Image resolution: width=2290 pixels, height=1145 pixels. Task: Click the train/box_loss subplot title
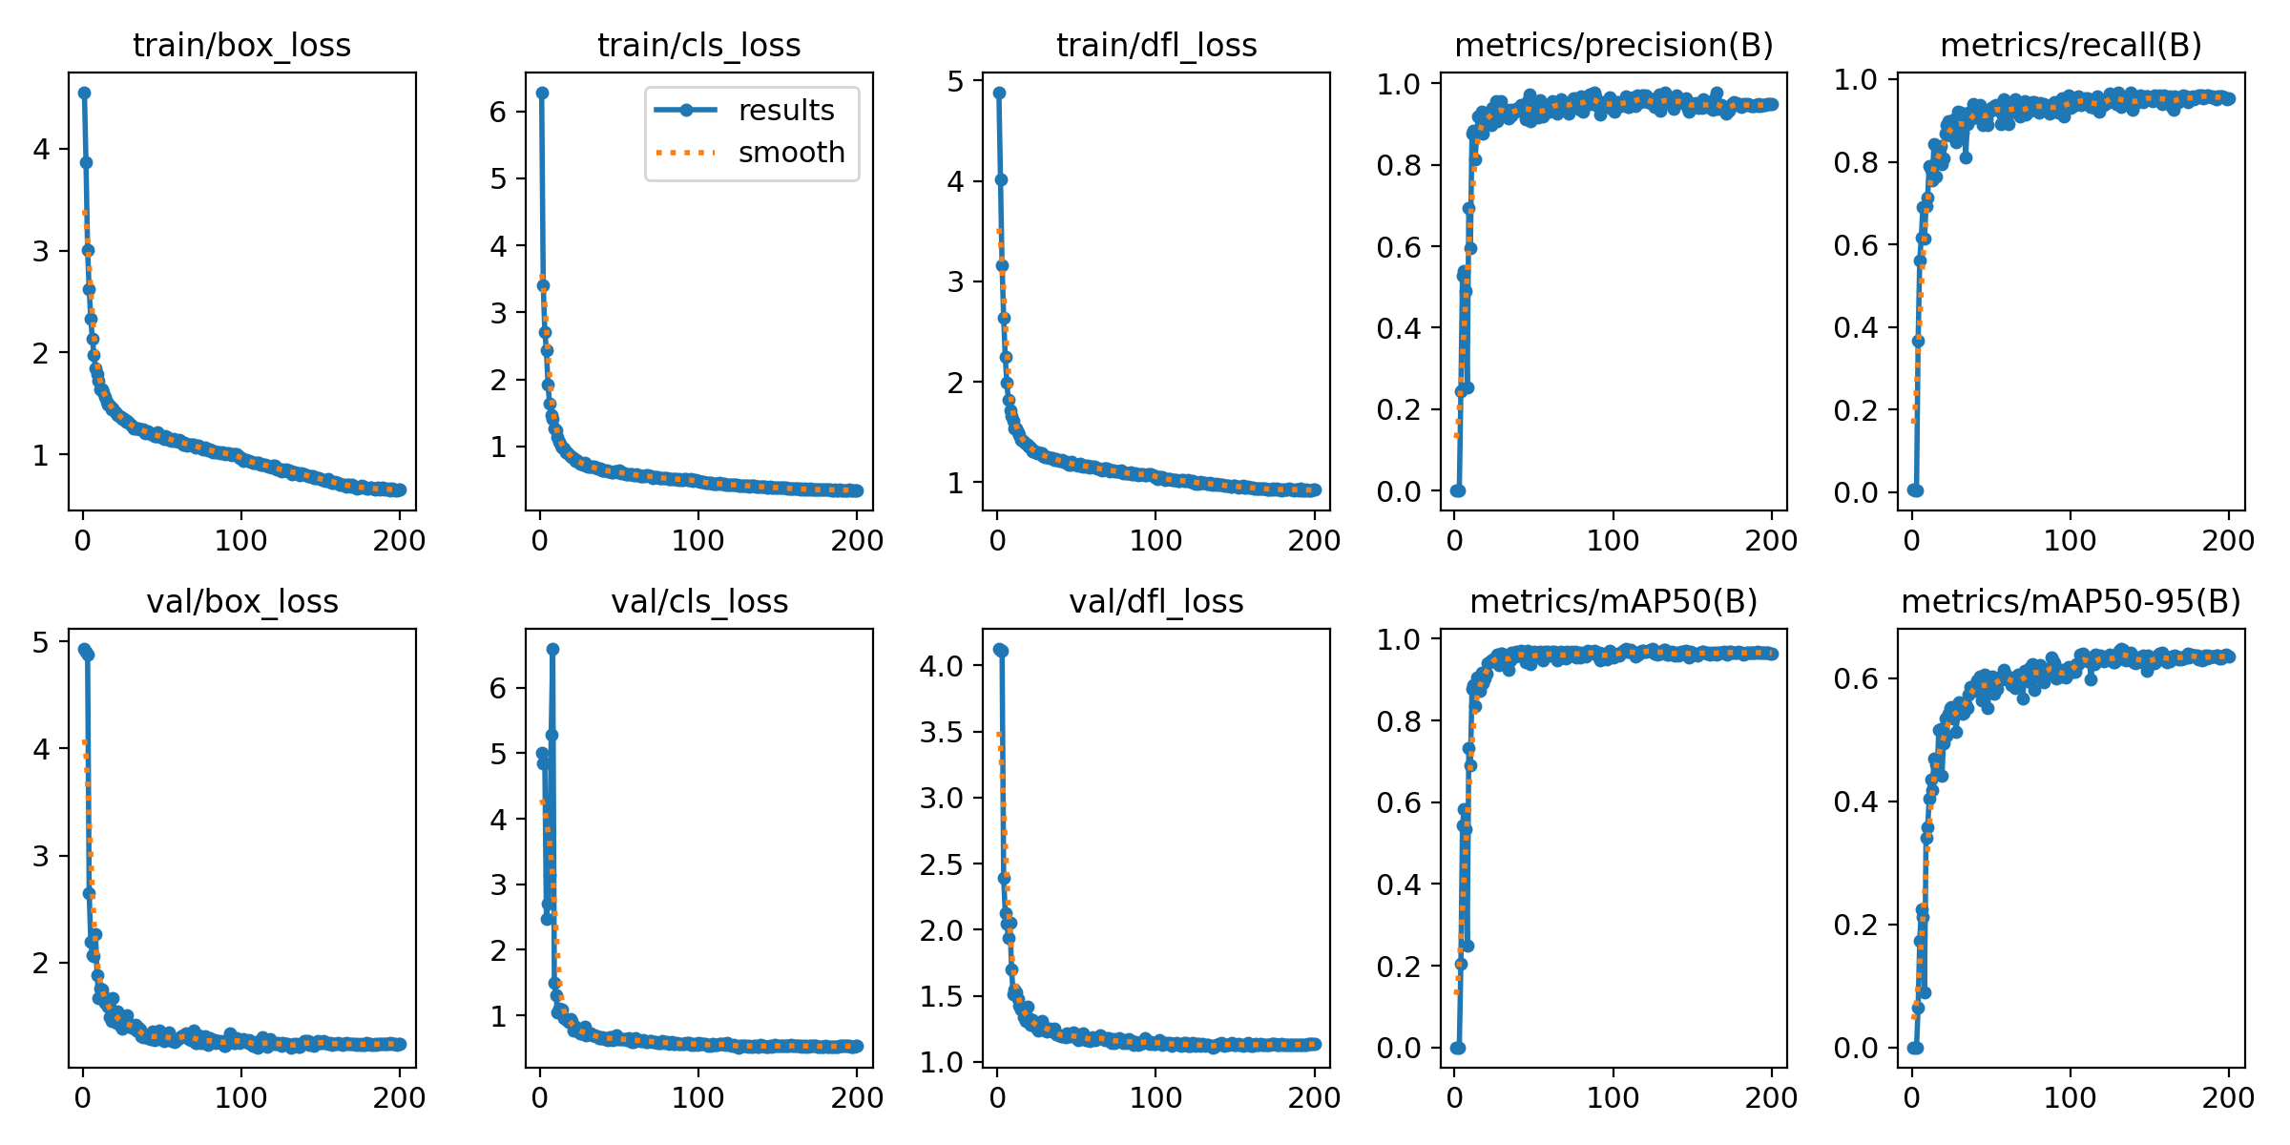click(x=241, y=45)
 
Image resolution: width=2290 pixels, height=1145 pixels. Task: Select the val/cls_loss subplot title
click(x=699, y=601)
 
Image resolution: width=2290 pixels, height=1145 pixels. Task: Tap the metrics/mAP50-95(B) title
click(x=2071, y=601)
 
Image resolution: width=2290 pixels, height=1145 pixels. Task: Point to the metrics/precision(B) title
click(x=1613, y=45)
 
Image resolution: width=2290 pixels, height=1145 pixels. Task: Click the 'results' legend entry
click(x=786, y=111)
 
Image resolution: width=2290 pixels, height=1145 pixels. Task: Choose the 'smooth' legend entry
click(x=792, y=153)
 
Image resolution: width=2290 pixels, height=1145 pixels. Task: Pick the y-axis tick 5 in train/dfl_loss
click(x=955, y=81)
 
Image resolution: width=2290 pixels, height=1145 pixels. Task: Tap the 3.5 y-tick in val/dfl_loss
click(x=943, y=732)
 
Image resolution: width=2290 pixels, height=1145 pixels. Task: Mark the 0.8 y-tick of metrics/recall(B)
click(x=1856, y=162)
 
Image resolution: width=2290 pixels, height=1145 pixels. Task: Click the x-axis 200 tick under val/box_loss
click(x=399, y=1097)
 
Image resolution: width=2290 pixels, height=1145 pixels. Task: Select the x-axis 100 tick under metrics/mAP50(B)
click(x=1613, y=1097)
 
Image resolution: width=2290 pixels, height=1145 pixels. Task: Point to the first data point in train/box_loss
click(x=84, y=93)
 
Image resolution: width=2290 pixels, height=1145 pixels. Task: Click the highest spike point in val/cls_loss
click(x=552, y=649)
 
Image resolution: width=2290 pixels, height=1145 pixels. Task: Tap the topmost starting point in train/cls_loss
click(x=542, y=93)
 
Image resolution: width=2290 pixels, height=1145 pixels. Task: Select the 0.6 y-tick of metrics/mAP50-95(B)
click(x=1856, y=678)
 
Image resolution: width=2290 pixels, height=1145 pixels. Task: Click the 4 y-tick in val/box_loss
click(x=41, y=748)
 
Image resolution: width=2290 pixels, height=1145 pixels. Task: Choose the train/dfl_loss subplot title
click(x=1156, y=45)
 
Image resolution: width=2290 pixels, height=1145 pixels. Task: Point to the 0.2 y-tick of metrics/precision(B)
click(x=1399, y=409)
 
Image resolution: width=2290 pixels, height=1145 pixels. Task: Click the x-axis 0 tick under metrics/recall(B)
click(x=1911, y=540)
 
